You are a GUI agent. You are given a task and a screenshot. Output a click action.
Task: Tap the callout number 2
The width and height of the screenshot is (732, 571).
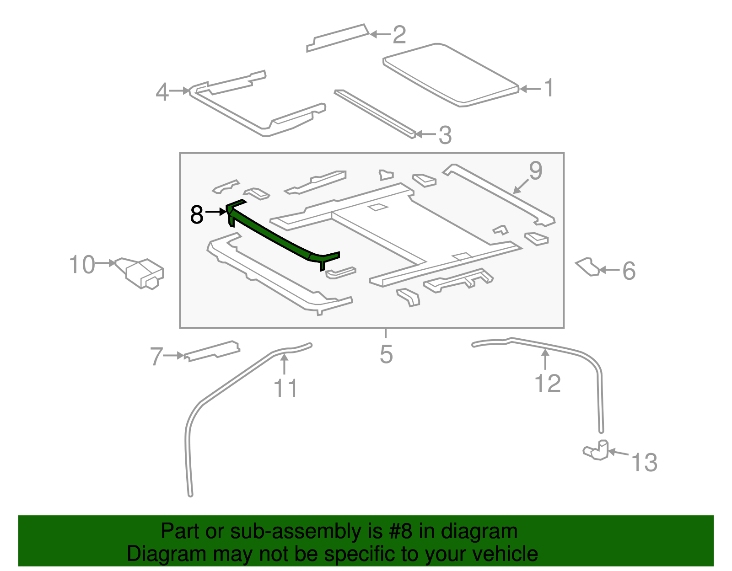[x=399, y=35]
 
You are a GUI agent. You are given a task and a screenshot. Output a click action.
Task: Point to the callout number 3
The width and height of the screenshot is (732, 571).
[x=445, y=135]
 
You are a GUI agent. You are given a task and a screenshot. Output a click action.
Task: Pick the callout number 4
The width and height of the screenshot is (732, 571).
[x=162, y=92]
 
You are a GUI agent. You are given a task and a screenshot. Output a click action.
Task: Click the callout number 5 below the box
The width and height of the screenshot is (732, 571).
[x=386, y=354]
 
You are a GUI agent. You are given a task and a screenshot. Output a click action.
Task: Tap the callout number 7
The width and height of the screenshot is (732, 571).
[x=156, y=357]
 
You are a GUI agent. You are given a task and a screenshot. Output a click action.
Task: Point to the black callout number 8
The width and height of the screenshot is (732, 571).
[x=197, y=214]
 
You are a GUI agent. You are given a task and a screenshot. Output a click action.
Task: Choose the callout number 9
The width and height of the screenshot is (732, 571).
[x=535, y=171]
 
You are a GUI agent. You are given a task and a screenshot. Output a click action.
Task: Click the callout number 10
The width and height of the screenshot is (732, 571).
[x=82, y=265]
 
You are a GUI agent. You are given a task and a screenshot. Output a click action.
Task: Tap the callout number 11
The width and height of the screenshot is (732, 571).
[x=285, y=389]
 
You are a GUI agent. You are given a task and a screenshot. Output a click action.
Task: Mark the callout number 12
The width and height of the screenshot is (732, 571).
[x=547, y=383]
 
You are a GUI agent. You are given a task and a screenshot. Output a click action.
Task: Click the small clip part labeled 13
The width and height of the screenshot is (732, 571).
[x=597, y=450]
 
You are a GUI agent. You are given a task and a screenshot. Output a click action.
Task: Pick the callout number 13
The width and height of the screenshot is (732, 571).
[x=644, y=462]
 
